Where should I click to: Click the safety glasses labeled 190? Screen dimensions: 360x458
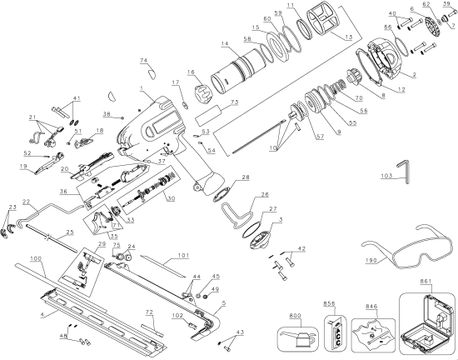399,250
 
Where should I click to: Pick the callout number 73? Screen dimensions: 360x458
236,102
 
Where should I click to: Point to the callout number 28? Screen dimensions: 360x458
245,177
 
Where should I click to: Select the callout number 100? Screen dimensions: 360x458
35,260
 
